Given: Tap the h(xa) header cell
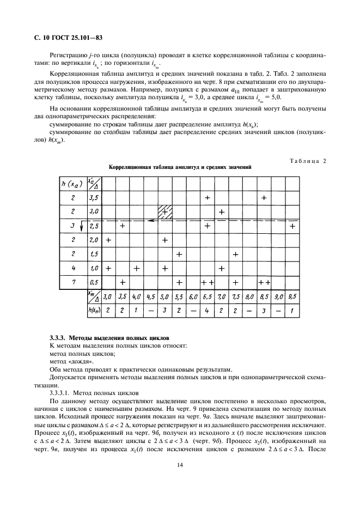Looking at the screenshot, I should pyautogui.click(x=72, y=183).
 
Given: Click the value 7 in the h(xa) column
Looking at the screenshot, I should pyautogui.click(x=72, y=282).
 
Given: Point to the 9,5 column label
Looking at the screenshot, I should pyautogui.click(x=292, y=297).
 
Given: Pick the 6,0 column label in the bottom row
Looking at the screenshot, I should pyautogui.click(x=193, y=297).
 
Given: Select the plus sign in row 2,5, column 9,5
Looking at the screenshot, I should pyautogui.click(x=292, y=225).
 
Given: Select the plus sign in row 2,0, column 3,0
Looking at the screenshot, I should pyautogui.click(x=108, y=240).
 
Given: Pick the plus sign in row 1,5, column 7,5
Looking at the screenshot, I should pyautogui.click(x=236, y=254).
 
